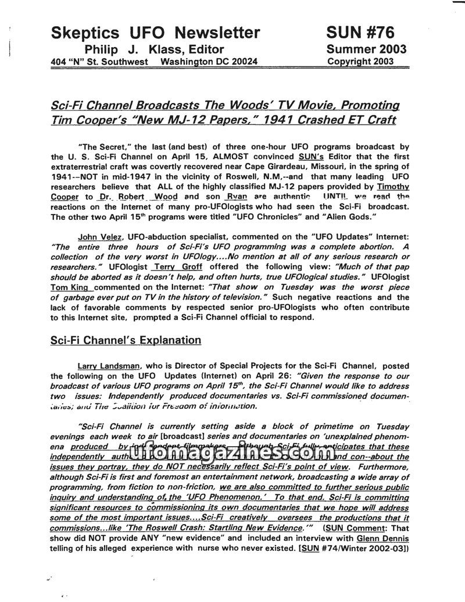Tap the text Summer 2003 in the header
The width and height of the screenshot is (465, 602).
[366, 49]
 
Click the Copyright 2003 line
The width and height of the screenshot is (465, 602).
[360, 61]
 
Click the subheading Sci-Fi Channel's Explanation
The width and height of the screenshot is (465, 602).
[126, 340]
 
